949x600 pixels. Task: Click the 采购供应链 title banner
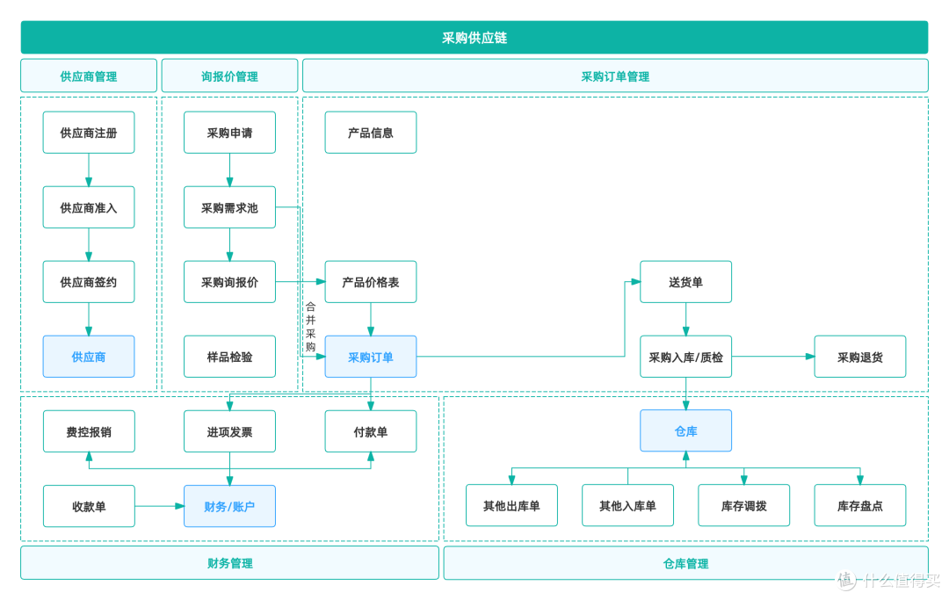coord(474,38)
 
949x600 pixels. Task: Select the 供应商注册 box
coord(89,133)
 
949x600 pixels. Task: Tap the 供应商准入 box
coord(89,207)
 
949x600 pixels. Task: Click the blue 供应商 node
coord(89,357)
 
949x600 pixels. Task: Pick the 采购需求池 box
coord(229,207)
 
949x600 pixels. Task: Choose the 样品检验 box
coord(229,357)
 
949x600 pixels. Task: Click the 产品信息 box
coord(371,133)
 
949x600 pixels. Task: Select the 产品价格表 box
coord(371,282)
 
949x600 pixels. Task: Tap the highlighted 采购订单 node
coord(371,357)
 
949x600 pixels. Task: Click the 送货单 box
coord(685,282)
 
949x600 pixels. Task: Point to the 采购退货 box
coord(860,357)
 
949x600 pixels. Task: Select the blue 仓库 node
coord(685,430)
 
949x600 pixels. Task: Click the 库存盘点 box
coord(860,506)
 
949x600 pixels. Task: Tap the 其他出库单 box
coord(511,506)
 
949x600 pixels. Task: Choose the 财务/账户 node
coord(229,506)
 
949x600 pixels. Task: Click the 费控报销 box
coord(89,431)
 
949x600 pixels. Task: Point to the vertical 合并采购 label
coord(310,327)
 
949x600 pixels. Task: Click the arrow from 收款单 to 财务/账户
coord(159,506)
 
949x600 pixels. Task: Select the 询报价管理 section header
coord(229,76)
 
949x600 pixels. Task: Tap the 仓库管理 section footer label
coord(685,563)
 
